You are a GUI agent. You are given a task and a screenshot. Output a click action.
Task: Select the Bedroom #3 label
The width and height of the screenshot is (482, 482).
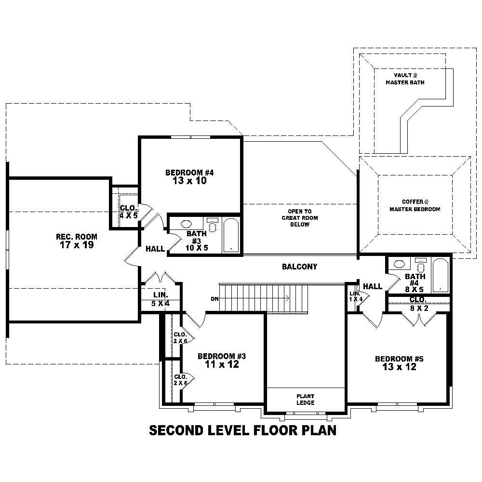pyautogui.click(x=222, y=361)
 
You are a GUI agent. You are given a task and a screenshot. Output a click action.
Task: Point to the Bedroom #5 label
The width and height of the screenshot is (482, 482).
pyautogui.click(x=399, y=363)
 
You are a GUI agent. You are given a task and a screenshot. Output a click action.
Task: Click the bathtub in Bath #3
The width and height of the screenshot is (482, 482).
pyautogui.click(x=231, y=235)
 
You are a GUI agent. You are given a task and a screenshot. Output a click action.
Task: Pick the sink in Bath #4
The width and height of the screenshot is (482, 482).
pyautogui.click(x=400, y=264)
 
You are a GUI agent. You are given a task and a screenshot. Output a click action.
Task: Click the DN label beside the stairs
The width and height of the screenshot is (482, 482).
pyautogui.click(x=215, y=299)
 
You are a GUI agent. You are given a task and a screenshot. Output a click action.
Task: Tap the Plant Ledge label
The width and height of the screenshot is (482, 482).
pyautogui.click(x=306, y=399)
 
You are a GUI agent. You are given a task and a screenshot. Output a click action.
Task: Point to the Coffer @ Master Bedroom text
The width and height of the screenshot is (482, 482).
pyautogui.click(x=415, y=206)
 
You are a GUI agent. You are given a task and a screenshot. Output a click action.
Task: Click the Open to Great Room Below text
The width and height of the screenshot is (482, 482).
pyautogui.click(x=299, y=218)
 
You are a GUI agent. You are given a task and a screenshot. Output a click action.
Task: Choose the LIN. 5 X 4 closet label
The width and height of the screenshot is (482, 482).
pyautogui.click(x=160, y=299)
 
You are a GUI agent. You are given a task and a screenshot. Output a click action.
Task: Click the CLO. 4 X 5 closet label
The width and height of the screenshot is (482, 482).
pyautogui.click(x=129, y=212)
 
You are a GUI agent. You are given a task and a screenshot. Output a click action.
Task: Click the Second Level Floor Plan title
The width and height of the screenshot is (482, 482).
pyautogui.click(x=242, y=430)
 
